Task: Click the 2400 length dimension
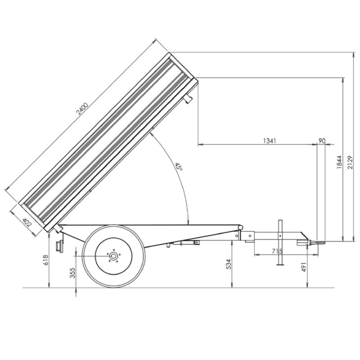(x=82, y=109)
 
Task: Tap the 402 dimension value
(x=27, y=222)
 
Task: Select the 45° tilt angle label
(x=178, y=166)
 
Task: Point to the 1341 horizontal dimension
(x=269, y=141)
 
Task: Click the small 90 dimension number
(x=322, y=141)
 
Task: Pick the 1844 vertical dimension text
(x=339, y=162)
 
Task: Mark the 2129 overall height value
(x=350, y=162)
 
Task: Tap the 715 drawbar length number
(x=277, y=251)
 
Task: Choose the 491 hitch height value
(x=304, y=267)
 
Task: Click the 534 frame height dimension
(x=228, y=264)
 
